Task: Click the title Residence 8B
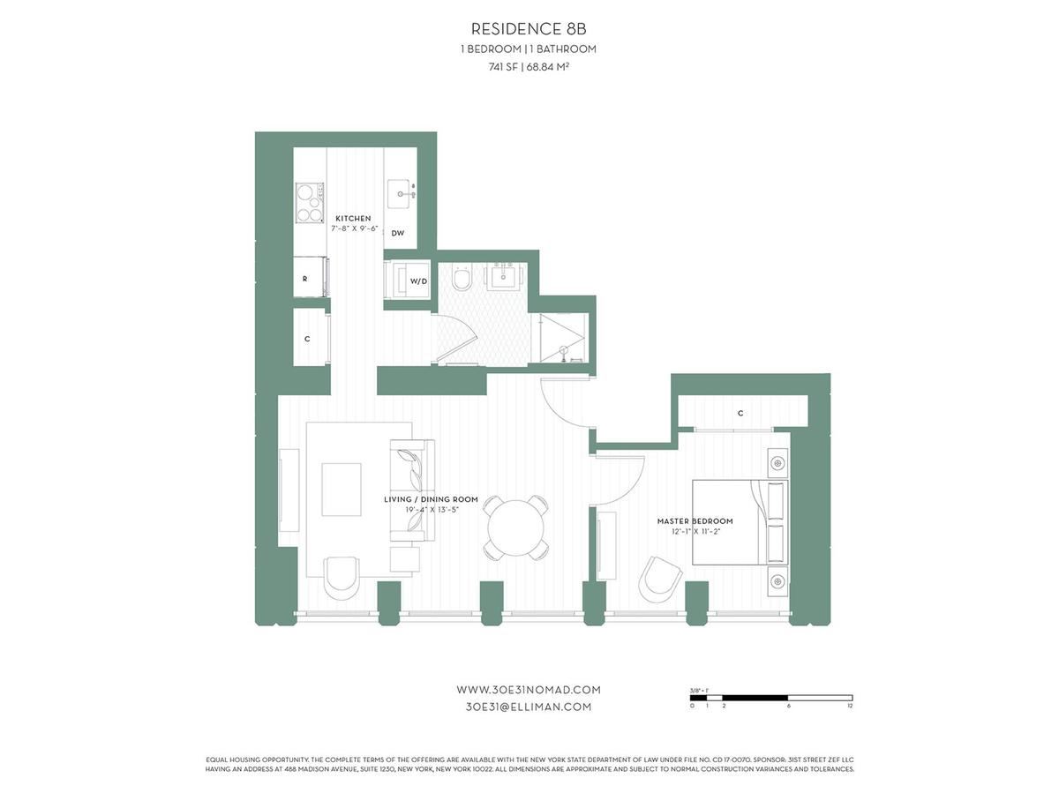pos(529,30)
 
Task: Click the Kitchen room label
pos(353,218)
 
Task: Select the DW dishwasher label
pos(398,233)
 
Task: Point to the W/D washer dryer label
pos(417,281)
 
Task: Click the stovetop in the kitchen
pos(309,203)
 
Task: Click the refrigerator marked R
pos(309,278)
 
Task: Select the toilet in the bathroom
pos(461,281)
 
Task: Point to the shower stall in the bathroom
pos(561,336)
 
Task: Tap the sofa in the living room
pos(411,490)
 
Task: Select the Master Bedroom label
pos(695,521)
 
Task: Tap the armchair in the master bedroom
pos(660,579)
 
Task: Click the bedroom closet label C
pos(740,413)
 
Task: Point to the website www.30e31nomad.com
pos(528,690)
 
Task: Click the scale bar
pos(770,698)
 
